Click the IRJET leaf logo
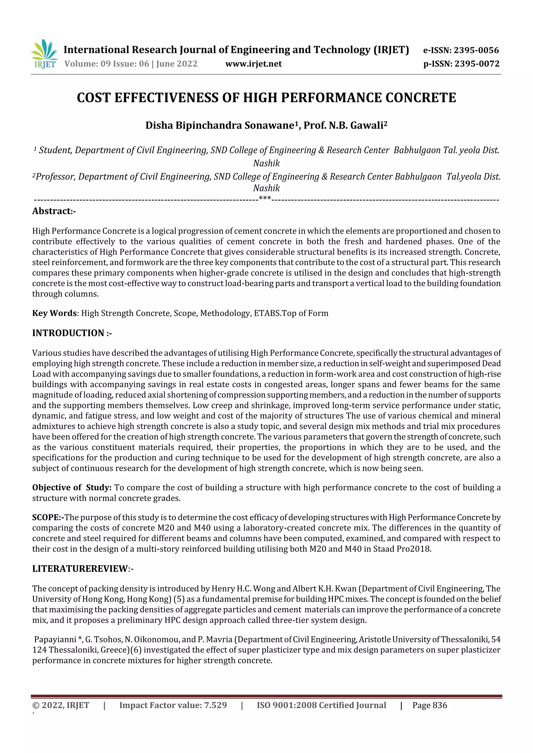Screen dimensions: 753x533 pyautogui.click(x=44, y=54)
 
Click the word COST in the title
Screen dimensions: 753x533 pyautogui.click(x=93, y=98)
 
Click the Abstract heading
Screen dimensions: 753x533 pyautogui.click(x=54, y=211)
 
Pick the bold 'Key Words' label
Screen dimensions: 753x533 pyautogui.click(x=54, y=313)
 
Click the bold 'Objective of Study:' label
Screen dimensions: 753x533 pyautogui.click(x=72, y=488)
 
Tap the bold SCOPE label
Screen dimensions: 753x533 pyautogui.click(x=48, y=518)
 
